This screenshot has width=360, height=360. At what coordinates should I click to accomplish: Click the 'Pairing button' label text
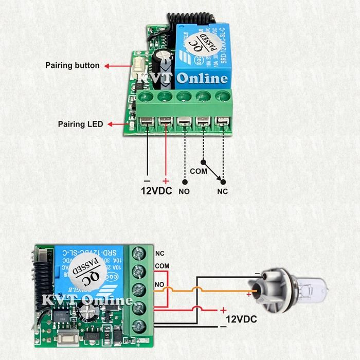(x=73, y=66)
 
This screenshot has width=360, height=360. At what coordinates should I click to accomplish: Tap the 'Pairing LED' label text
(x=80, y=124)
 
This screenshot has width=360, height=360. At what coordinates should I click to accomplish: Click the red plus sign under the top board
(x=166, y=181)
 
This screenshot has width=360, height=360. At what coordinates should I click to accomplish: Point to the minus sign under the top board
(x=147, y=182)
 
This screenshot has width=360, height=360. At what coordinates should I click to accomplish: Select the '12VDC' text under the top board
(x=156, y=191)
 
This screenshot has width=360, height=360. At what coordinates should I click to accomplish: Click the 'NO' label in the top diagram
(x=184, y=192)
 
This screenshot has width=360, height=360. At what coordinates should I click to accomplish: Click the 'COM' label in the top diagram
(x=197, y=170)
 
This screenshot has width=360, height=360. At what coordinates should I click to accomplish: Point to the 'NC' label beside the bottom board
(x=159, y=253)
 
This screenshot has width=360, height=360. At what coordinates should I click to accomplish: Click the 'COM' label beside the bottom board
(x=162, y=265)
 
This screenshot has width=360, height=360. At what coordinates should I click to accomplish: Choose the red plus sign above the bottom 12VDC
(x=223, y=310)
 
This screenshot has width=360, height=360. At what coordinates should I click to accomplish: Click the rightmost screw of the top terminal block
(x=223, y=96)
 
